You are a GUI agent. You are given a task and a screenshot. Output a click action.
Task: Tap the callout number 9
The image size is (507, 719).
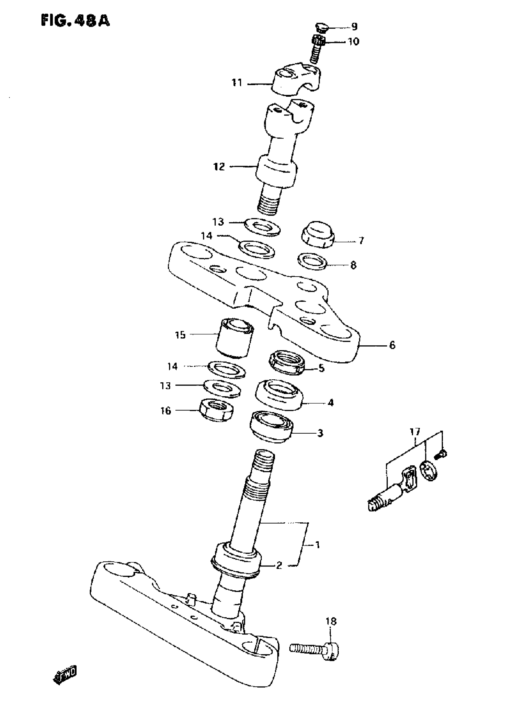click(354, 27)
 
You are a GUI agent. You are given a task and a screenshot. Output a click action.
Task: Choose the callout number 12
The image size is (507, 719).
click(219, 167)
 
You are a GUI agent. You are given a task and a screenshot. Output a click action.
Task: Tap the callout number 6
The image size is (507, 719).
click(392, 345)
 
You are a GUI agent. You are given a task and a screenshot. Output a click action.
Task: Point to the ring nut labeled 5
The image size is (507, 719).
click(287, 363)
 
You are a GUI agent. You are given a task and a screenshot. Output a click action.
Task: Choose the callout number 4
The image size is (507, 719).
click(331, 403)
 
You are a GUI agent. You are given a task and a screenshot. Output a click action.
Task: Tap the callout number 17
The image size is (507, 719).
click(415, 432)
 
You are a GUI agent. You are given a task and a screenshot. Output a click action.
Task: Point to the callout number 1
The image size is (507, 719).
click(317, 545)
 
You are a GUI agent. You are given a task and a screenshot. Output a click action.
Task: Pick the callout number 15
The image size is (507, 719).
click(180, 335)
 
